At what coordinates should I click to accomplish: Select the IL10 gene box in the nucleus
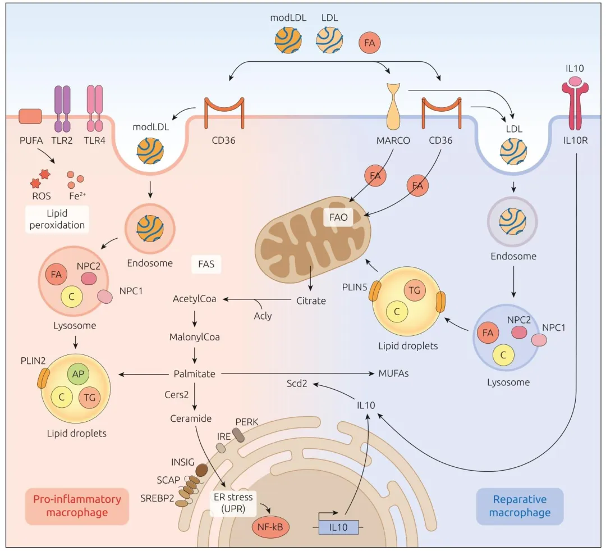pyautogui.click(x=338, y=527)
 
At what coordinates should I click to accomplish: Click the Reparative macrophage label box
pyautogui.click(x=519, y=506)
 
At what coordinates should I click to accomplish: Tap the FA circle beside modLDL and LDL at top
pyautogui.click(x=370, y=42)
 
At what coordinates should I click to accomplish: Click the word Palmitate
pyautogui.click(x=194, y=374)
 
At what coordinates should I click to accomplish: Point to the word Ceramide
pyautogui.click(x=191, y=418)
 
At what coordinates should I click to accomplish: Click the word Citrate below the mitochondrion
pyautogui.click(x=311, y=300)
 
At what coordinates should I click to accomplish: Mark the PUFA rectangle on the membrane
pyautogui.click(x=30, y=116)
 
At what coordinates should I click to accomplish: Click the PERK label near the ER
pyautogui.click(x=246, y=421)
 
